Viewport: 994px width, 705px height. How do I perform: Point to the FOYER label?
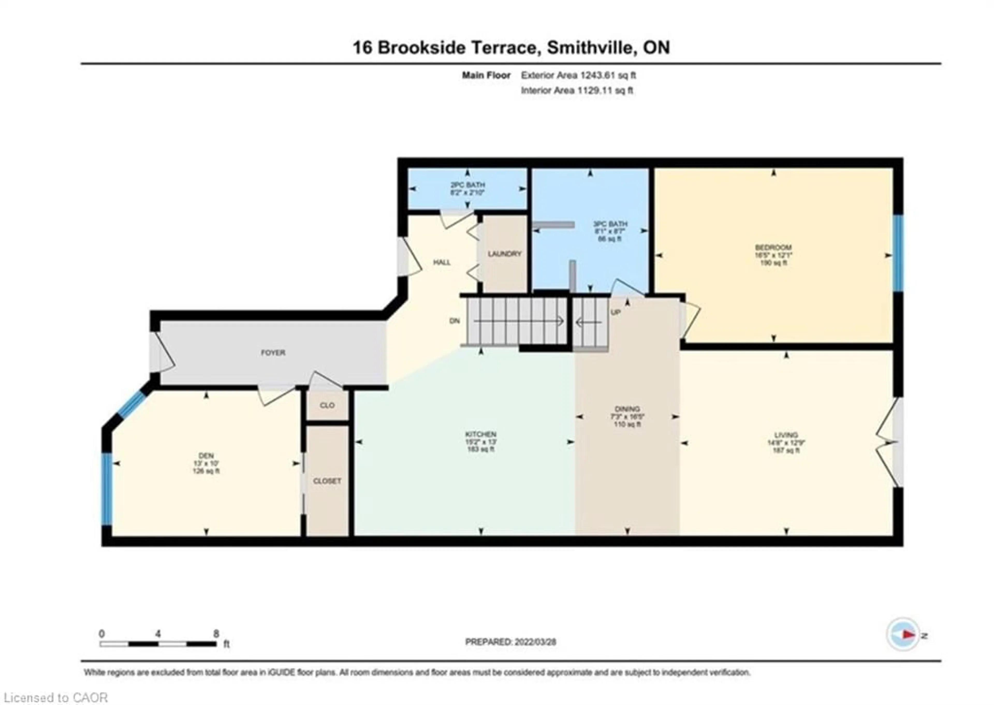[273, 353]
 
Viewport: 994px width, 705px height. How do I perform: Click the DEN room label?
[206, 455]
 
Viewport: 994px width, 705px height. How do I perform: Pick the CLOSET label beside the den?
[327, 481]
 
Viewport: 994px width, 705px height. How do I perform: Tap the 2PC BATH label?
[467, 185]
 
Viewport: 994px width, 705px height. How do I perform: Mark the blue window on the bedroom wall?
[898, 253]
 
